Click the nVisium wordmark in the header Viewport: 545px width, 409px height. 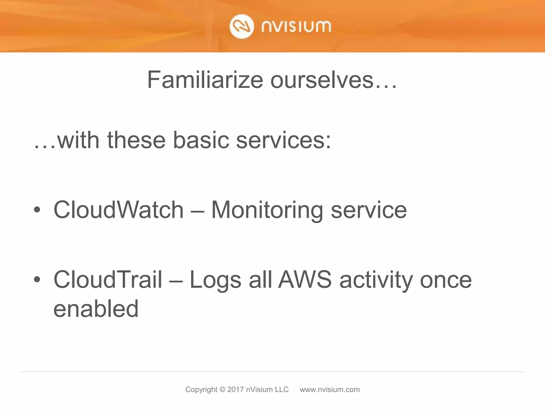pos(296,27)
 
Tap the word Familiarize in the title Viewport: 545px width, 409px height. pos(205,80)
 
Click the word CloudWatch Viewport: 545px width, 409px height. pos(118,210)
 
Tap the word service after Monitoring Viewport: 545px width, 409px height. pos(369,210)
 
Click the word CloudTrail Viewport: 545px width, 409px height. pos(108,280)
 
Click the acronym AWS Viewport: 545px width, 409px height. pos(305,280)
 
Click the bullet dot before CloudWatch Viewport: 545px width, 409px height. pos(37,210)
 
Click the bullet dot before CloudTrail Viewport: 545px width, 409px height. pos(37,280)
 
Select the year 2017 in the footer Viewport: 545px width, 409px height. pos(236,390)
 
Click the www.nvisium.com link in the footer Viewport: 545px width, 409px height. pos(329,390)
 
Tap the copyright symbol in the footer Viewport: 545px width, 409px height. pos(222,390)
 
